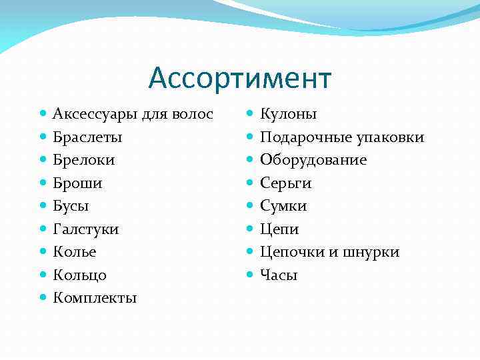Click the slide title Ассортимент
coord(239,78)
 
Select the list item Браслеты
coord(87,137)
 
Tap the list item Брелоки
coord(84,160)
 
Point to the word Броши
coord(78,183)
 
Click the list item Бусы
coord(71,206)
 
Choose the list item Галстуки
coord(86,229)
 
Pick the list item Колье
coord(75,252)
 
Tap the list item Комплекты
coord(95,298)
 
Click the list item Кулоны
coord(288,115)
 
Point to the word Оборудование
coord(313,160)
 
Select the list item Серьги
coord(286,183)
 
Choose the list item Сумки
coord(283,206)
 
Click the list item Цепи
coord(279,229)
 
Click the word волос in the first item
coord(193,115)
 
